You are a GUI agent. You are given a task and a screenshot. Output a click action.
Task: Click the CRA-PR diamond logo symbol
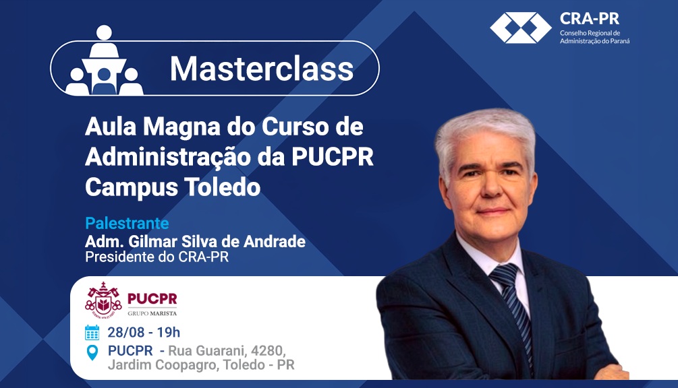520,28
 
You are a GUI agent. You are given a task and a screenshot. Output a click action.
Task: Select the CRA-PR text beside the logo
590,19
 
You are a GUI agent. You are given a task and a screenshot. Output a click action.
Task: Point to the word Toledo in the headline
222,187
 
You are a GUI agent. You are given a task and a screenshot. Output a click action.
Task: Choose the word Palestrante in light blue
127,223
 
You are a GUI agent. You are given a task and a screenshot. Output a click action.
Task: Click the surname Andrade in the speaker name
275,241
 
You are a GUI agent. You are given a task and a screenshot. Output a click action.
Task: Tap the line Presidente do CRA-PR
157,257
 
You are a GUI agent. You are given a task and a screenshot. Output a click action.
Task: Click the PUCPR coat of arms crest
103,300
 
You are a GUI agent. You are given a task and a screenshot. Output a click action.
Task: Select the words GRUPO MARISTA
152,313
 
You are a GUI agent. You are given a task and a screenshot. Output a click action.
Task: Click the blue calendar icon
92,332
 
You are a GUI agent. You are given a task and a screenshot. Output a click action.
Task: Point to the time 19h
168,332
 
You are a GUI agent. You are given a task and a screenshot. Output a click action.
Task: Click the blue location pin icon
92,352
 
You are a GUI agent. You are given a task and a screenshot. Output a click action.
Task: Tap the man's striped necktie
513,310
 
